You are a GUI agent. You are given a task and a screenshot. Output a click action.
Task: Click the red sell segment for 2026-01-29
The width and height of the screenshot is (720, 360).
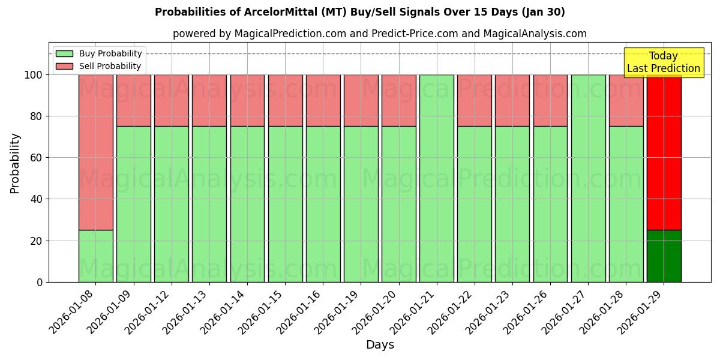point(664,152)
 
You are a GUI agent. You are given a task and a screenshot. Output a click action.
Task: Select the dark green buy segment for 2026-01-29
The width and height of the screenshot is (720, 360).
point(664,256)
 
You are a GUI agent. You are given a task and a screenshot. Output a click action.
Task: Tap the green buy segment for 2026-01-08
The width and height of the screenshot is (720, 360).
point(95,256)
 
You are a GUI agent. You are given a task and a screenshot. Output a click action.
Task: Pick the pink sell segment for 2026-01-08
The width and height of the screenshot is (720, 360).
point(95,152)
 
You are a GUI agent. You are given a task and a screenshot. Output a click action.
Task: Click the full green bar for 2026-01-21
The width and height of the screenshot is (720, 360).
point(436,178)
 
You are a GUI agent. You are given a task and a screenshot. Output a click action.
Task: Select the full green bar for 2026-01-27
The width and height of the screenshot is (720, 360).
point(588,178)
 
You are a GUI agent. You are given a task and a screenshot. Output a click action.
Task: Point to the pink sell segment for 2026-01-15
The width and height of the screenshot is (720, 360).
point(285,100)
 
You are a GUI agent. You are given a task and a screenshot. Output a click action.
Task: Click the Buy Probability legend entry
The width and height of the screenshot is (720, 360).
point(100,53)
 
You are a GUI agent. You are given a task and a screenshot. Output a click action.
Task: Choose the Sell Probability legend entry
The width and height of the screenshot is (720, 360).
point(100,66)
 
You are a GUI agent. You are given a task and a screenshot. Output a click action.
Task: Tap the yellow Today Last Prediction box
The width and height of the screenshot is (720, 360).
point(663,62)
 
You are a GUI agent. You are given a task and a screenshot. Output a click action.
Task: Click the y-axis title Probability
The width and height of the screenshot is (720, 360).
point(15,163)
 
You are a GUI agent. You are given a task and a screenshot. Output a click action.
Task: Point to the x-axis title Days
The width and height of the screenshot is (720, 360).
point(380,345)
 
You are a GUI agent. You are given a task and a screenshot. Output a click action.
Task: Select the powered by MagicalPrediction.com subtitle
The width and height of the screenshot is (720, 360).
point(380,34)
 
